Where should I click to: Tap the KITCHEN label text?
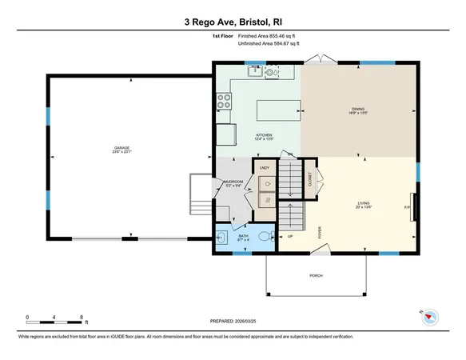[x=264, y=135]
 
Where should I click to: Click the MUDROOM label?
[x=233, y=182]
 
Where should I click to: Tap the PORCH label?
[x=317, y=274]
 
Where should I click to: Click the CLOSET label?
[x=310, y=180]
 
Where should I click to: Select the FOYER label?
[x=321, y=232]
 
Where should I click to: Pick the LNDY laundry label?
[x=264, y=167]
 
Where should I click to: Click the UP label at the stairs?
[x=290, y=236]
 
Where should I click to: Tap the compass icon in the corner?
[x=430, y=316]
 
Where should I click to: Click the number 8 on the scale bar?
[x=82, y=318]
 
